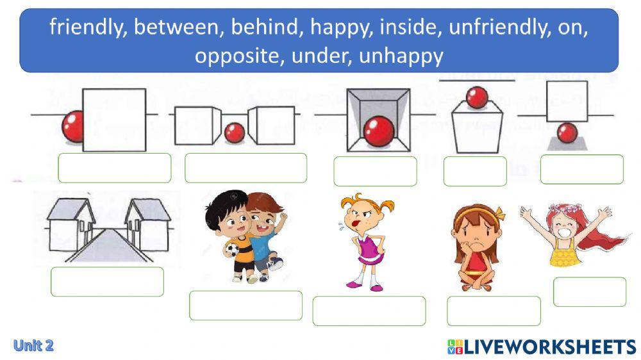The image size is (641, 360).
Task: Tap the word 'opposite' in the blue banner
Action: pos(237,56)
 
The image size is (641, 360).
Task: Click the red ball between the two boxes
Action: pos(235,133)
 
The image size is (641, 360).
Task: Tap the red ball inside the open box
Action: pos(378,131)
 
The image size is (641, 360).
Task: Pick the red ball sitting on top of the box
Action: pos(477,98)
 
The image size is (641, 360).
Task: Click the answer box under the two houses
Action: pos(107,282)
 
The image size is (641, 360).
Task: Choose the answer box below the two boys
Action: pos(246,306)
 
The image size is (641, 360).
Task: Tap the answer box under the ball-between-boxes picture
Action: pos(246,168)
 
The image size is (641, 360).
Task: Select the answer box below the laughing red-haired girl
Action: pos(589,291)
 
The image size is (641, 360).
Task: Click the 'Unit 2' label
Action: pos(33,346)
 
